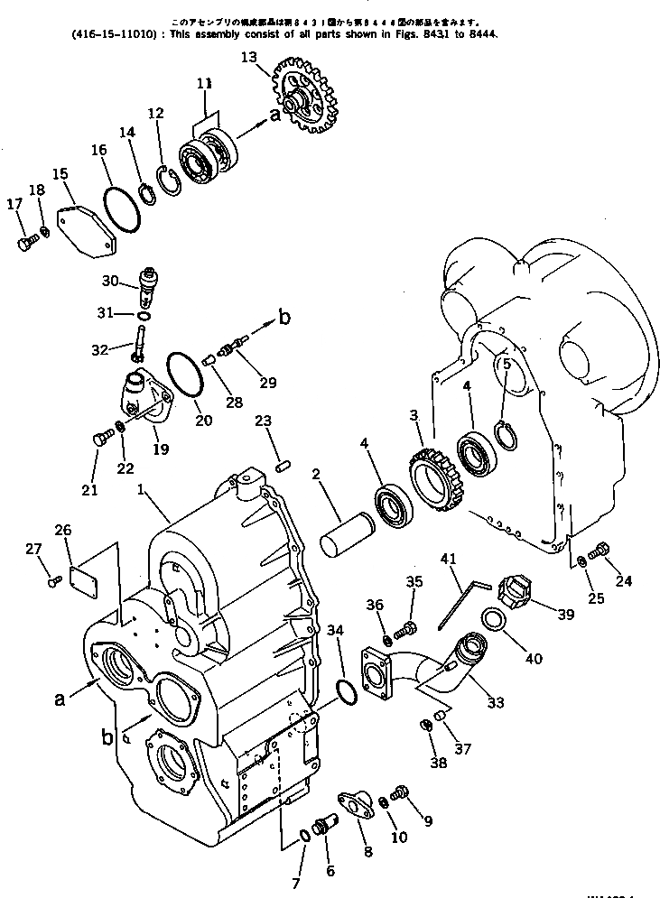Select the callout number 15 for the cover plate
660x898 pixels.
coord(60,174)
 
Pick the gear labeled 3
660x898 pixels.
coord(434,477)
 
